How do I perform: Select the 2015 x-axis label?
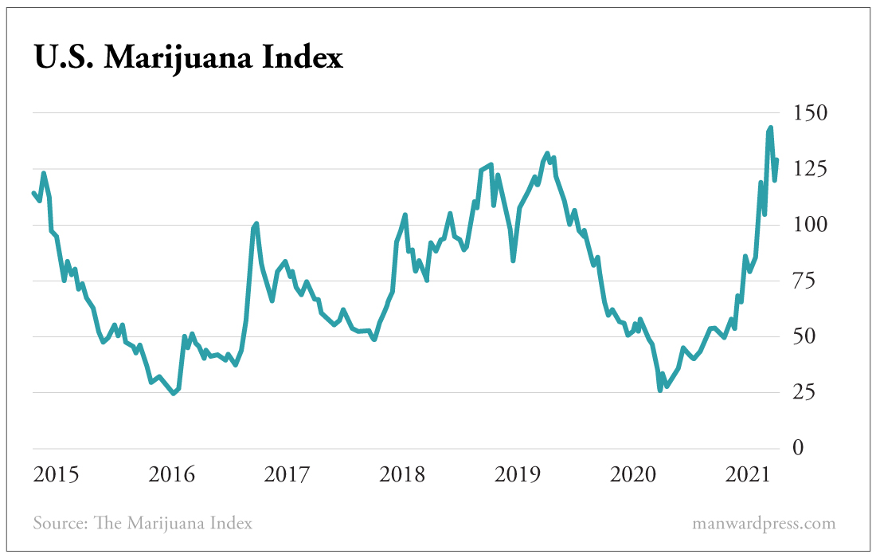(x=57, y=476)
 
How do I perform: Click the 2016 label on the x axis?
(x=172, y=476)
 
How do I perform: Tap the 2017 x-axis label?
(x=287, y=476)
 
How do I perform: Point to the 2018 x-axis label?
(x=403, y=476)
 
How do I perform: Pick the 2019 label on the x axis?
(x=518, y=476)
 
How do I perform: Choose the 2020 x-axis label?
(x=634, y=476)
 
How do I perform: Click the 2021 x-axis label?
(x=749, y=476)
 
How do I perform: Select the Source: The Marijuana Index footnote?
(x=143, y=524)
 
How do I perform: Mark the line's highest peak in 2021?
(x=770, y=128)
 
